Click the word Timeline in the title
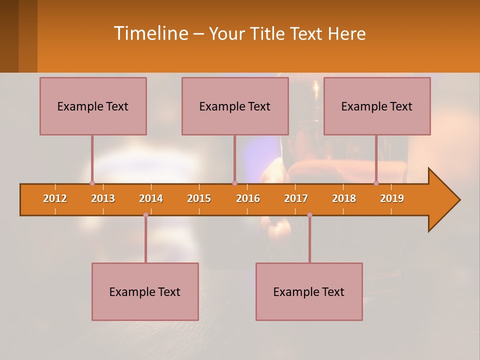150,33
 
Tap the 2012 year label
55,198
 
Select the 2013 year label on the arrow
103,198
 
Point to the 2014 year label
151,198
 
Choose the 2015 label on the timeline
199,198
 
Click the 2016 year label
248,198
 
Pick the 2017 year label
296,198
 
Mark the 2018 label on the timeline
344,198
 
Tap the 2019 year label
392,198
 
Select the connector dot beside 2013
92,183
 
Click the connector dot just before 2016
234,183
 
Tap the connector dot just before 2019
376,183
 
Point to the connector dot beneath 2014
145,215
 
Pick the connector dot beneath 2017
309,215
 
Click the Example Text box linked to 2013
93,106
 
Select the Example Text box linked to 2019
377,106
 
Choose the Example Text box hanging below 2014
145,291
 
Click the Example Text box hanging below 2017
309,291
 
